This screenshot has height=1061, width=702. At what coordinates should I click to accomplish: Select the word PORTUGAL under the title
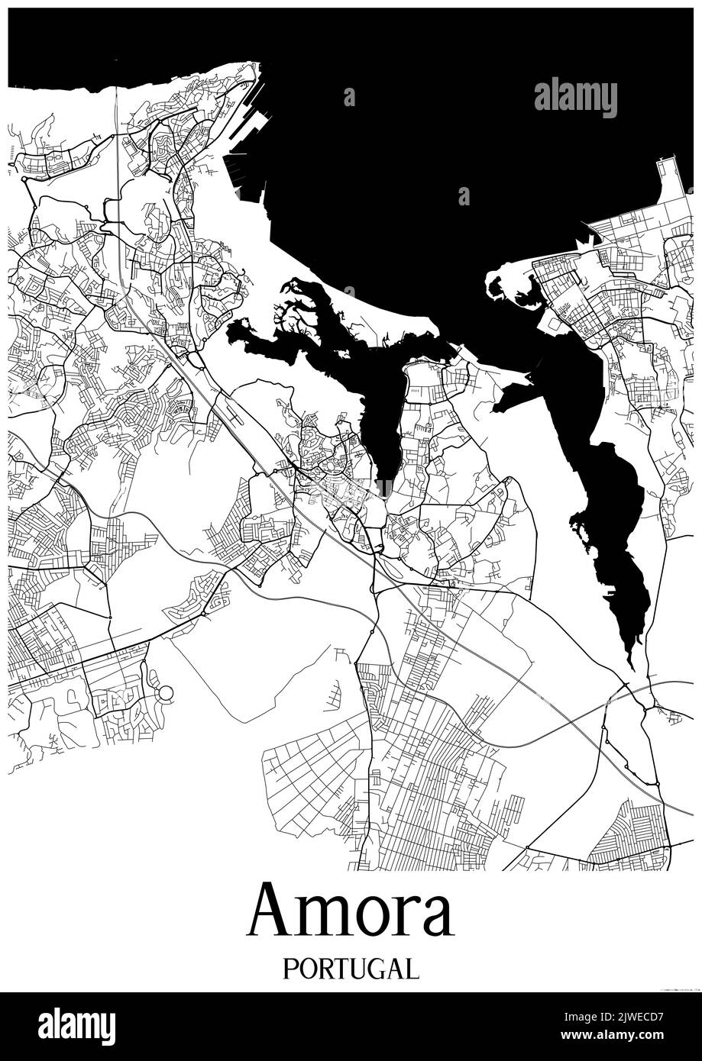[x=351, y=969]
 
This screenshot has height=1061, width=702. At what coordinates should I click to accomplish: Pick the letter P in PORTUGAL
[x=290, y=969]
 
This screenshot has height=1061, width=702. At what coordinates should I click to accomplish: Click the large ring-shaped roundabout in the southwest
[x=165, y=694]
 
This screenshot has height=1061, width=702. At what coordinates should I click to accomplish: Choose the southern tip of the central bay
[x=386, y=489]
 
